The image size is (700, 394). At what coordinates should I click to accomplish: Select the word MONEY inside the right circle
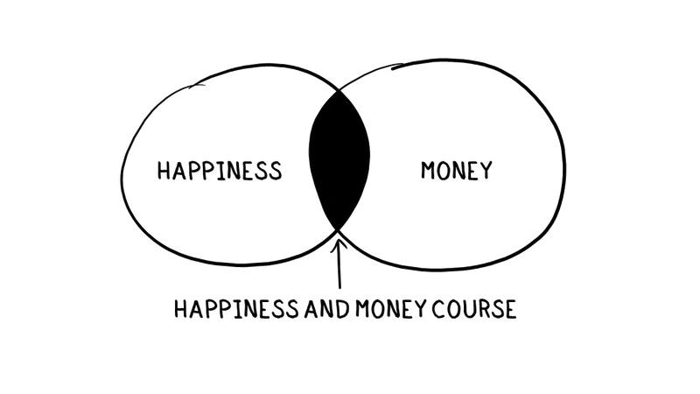(x=455, y=170)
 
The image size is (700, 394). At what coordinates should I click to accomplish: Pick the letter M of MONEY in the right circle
(x=426, y=170)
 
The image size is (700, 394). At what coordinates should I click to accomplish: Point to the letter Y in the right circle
(x=483, y=171)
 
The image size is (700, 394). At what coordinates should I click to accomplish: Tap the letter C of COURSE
(x=437, y=309)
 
